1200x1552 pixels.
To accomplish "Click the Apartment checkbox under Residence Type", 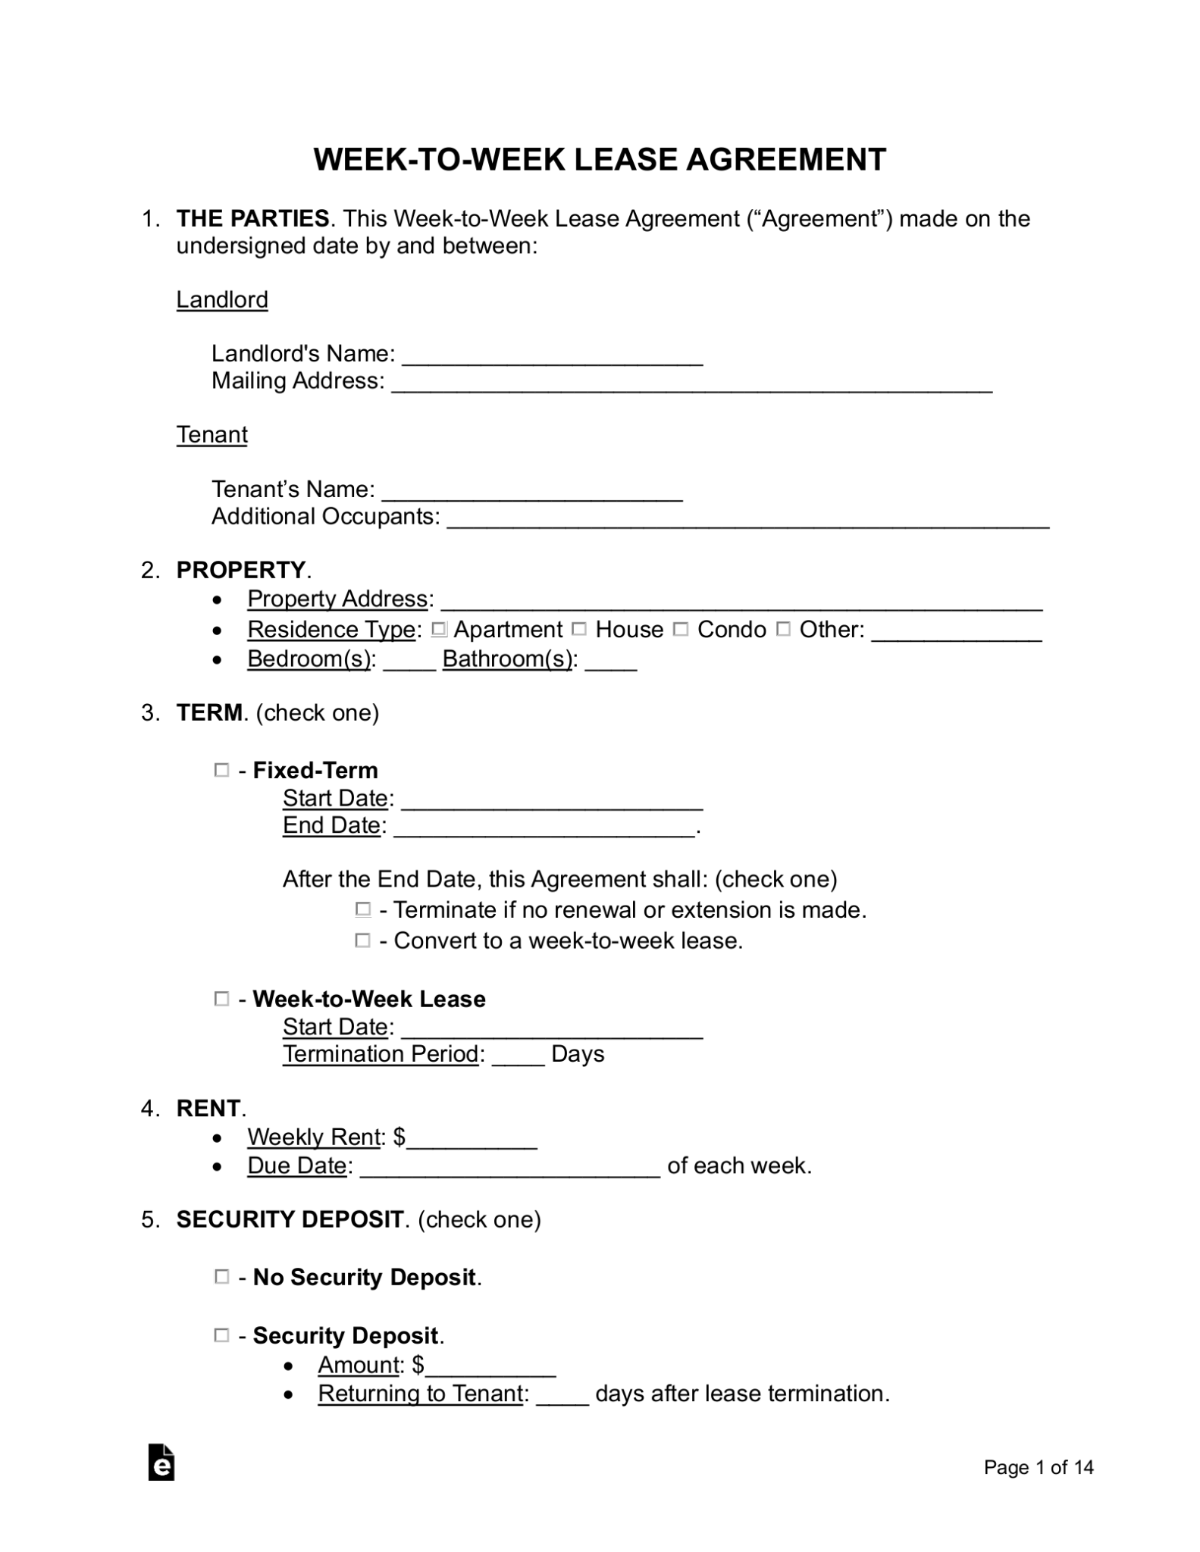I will tap(438, 629).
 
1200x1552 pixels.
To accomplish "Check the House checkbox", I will tap(579, 629).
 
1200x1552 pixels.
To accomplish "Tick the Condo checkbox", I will tap(681, 629).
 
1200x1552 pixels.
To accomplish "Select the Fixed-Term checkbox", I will tap(221, 770).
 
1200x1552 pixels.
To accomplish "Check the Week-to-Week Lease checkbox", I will tap(221, 999).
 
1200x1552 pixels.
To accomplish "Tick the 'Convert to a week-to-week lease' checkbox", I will tap(363, 940).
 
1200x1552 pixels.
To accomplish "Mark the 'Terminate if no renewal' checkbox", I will tap(363, 909).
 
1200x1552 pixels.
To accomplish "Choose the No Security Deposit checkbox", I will tap(221, 1277).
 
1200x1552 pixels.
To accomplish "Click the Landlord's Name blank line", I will tap(552, 356).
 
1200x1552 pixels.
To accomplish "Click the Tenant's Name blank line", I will tap(531, 492).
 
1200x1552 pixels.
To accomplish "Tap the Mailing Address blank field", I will tap(691, 383).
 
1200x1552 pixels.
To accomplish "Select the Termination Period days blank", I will tap(518, 1056).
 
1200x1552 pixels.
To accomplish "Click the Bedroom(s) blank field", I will tap(409, 662).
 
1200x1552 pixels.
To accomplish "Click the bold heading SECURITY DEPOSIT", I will tap(290, 1219).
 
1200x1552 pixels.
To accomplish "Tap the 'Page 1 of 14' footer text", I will tap(1038, 1467).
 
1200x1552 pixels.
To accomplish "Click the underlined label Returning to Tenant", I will tap(421, 1393).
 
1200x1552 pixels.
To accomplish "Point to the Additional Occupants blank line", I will tap(747, 519).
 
